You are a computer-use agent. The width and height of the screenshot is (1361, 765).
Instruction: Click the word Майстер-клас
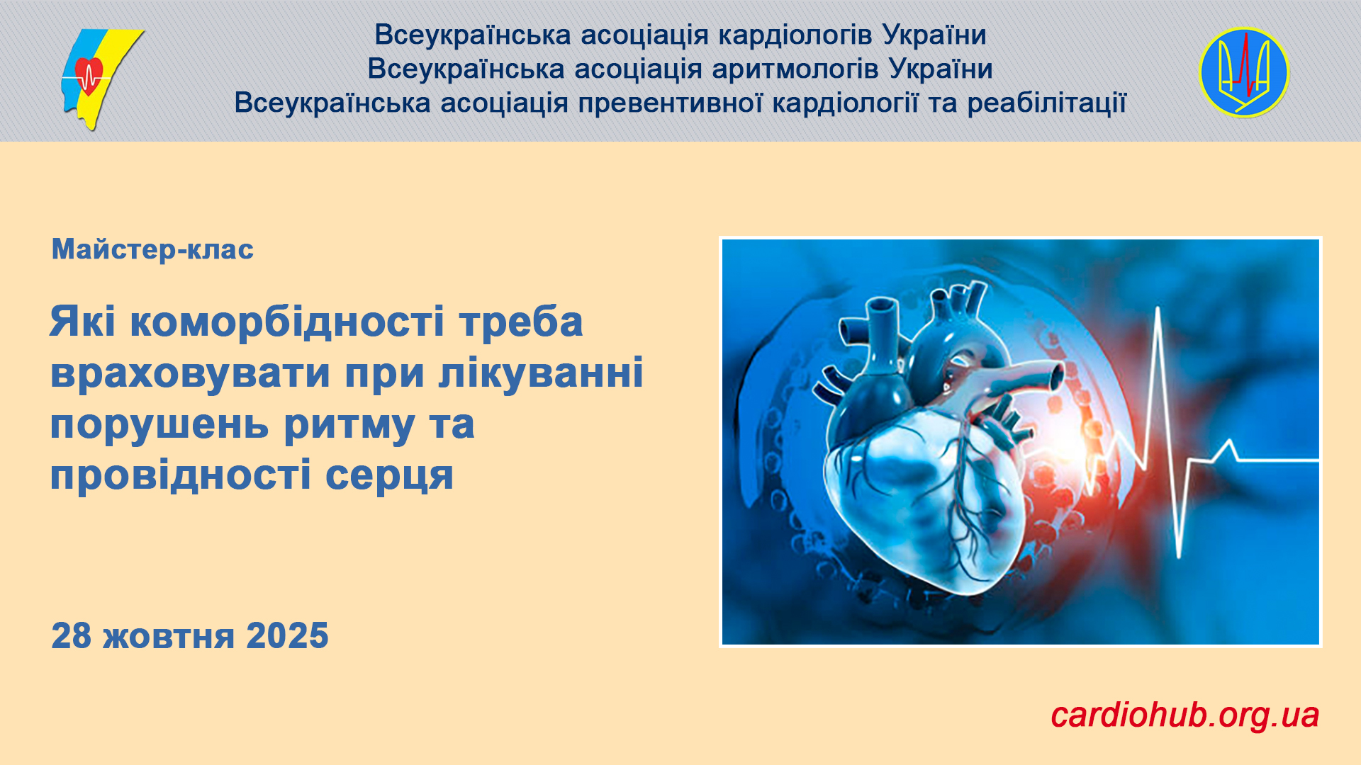pos(152,249)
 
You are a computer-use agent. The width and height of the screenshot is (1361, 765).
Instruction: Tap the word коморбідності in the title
pos(288,322)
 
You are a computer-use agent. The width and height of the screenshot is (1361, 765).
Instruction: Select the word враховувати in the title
pos(190,373)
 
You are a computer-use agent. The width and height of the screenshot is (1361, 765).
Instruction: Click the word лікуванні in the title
pos(541,373)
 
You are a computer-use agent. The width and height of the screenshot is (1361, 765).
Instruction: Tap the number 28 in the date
pos(72,635)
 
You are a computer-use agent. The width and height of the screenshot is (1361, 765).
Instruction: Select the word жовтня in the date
pos(169,636)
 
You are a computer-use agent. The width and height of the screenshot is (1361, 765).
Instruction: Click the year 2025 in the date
pos(287,635)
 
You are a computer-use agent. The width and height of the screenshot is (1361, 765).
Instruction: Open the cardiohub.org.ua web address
pos(1184,715)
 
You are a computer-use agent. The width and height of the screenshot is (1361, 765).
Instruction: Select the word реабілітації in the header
pos(1046,103)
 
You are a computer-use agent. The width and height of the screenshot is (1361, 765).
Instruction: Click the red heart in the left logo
pos(89,74)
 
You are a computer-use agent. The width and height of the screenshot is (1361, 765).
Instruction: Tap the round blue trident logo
pos(1244,72)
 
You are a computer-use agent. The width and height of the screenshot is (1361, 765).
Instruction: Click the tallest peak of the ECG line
pos(1158,309)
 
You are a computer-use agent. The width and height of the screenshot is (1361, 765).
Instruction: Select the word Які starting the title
pos(83,322)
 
